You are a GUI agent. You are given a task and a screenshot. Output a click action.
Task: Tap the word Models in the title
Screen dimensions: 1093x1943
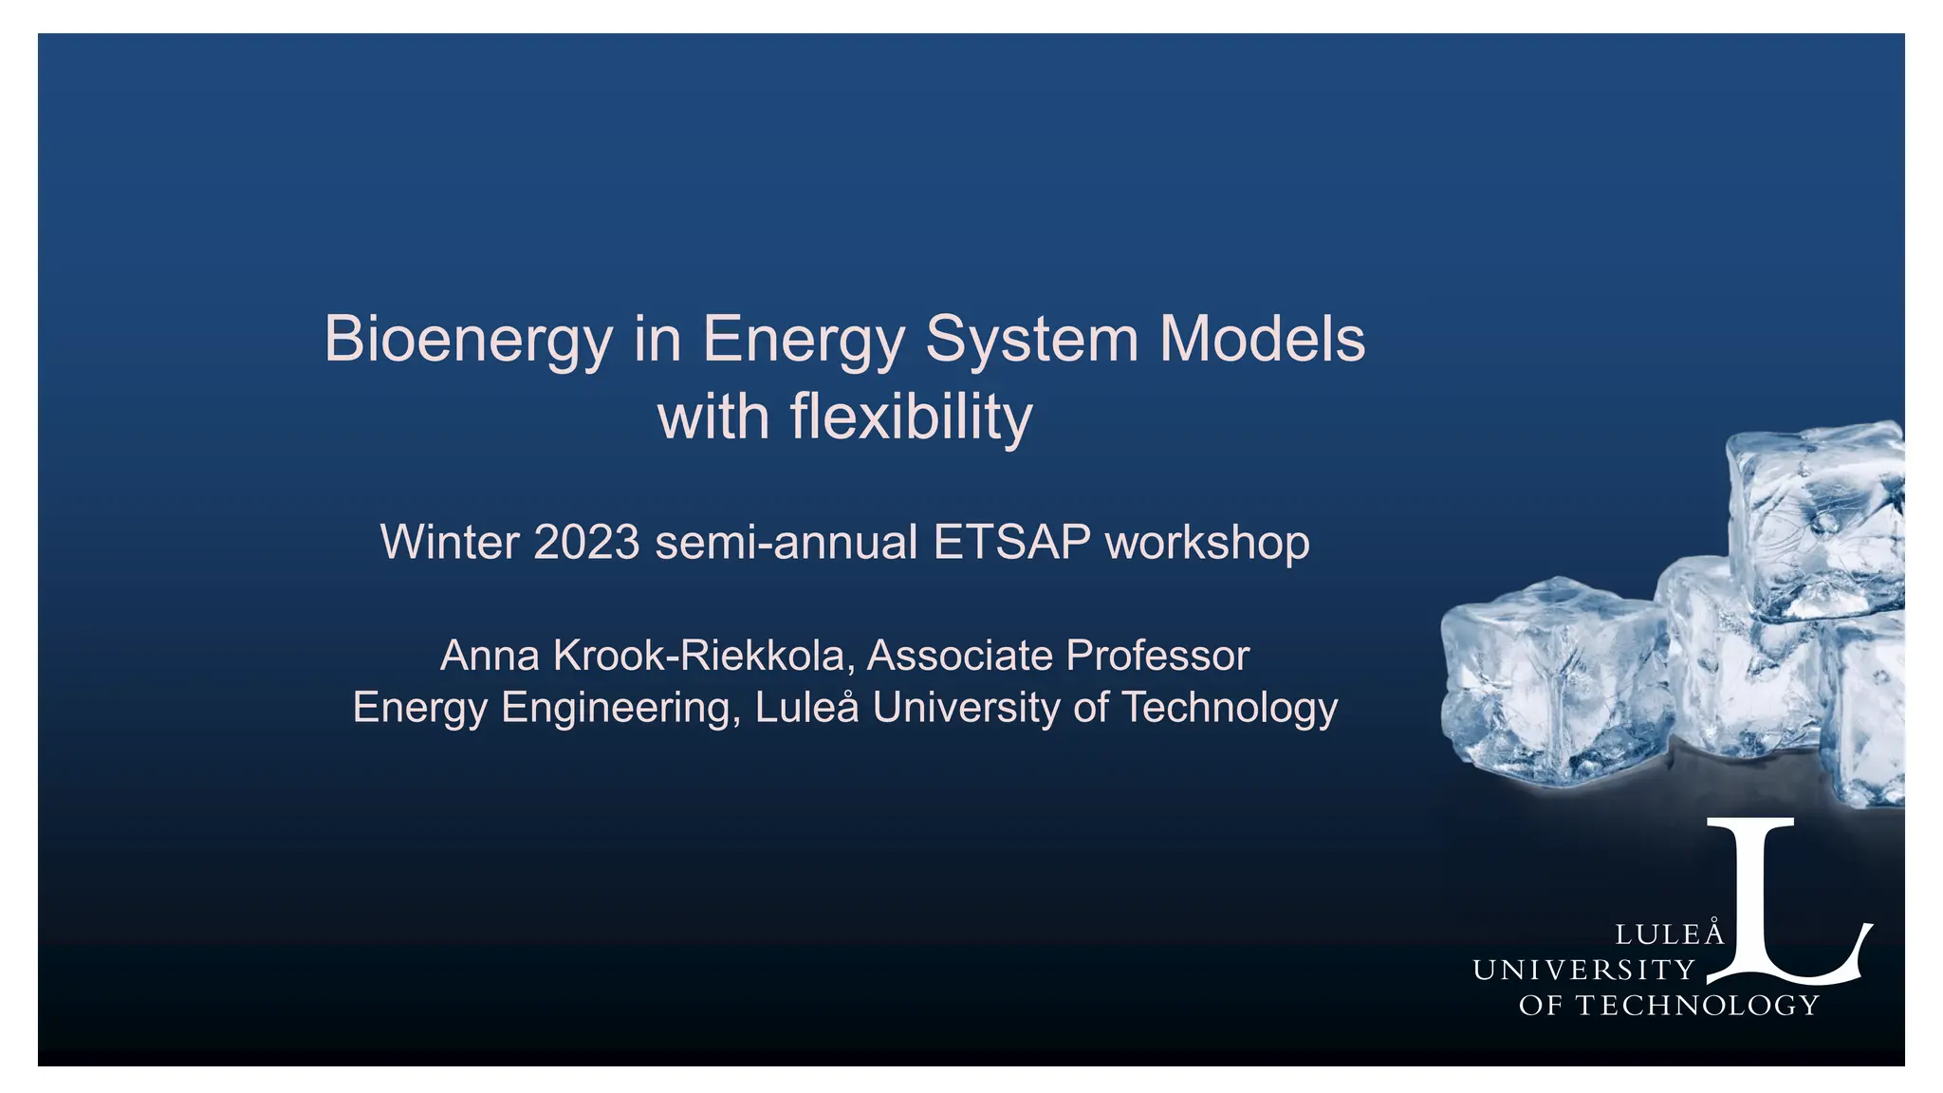click(x=1263, y=340)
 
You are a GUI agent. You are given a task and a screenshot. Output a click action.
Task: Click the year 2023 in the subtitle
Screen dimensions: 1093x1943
click(x=586, y=543)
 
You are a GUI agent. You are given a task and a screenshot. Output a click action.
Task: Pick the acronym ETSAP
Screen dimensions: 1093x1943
click(x=1012, y=543)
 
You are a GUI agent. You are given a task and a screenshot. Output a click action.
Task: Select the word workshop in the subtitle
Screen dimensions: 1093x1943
click(x=1208, y=543)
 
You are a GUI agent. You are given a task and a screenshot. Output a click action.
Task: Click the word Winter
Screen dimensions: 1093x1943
click(x=450, y=543)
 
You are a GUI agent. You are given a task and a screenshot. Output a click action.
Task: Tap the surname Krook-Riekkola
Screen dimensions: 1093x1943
click(x=698, y=656)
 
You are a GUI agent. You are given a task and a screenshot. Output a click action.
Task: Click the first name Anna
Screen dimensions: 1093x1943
click(x=490, y=656)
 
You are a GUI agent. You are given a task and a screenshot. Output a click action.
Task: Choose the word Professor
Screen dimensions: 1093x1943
click(x=1157, y=656)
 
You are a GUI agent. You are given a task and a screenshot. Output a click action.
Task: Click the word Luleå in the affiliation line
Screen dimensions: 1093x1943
click(x=806, y=708)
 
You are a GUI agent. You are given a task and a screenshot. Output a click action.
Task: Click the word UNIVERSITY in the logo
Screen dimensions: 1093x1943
click(x=1583, y=970)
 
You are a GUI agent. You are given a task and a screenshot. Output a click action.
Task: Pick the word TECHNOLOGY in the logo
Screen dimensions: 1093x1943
click(x=1697, y=1006)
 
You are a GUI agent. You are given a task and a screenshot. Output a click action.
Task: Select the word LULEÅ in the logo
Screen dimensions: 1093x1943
click(x=1669, y=935)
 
